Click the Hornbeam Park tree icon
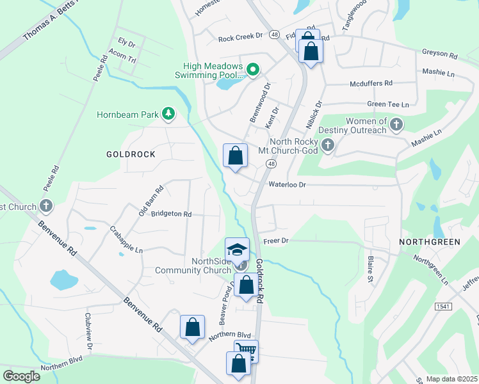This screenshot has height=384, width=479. [x=168, y=114]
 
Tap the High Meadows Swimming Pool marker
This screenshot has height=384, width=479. [x=253, y=70]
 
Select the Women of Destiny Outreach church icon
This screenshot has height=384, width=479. [x=396, y=124]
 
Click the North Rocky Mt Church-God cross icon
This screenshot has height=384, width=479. [x=328, y=145]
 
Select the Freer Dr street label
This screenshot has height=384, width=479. [x=277, y=241]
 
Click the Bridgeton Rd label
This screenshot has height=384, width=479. [x=170, y=214]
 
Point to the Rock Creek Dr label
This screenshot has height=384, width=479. [x=241, y=38]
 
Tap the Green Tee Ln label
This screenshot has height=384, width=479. [x=387, y=104]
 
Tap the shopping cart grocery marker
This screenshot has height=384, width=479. [x=246, y=351]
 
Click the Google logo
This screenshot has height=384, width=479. [x=21, y=376]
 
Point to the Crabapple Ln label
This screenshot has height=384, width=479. [x=126, y=240]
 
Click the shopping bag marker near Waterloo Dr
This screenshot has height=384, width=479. [x=235, y=156]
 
